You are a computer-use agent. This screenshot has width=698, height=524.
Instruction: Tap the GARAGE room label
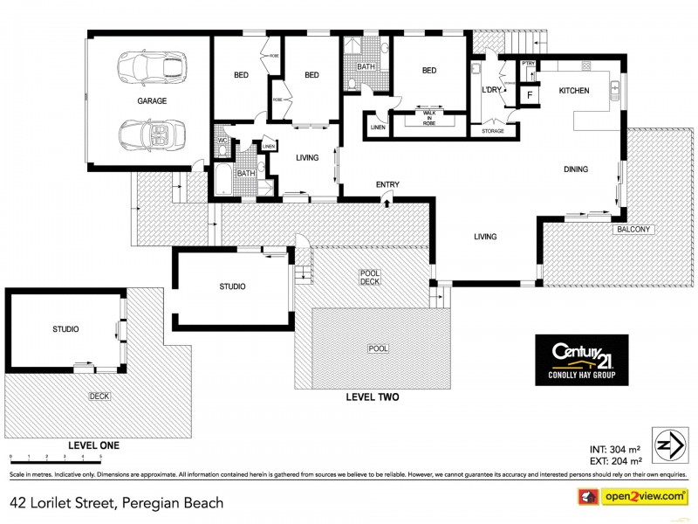[151, 100]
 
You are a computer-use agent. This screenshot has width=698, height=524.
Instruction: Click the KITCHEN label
[574, 91]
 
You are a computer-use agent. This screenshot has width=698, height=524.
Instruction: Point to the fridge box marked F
[529, 95]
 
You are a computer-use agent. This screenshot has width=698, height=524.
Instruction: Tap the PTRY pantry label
[528, 64]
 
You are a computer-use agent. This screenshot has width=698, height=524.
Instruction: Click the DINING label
[575, 169]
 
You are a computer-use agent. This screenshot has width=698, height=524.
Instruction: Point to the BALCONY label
[633, 229]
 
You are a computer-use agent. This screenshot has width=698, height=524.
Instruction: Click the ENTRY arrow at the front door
[387, 202]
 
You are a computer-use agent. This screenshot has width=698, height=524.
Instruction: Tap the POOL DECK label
[371, 278]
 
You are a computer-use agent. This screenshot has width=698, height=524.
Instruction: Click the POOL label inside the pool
[378, 348]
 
